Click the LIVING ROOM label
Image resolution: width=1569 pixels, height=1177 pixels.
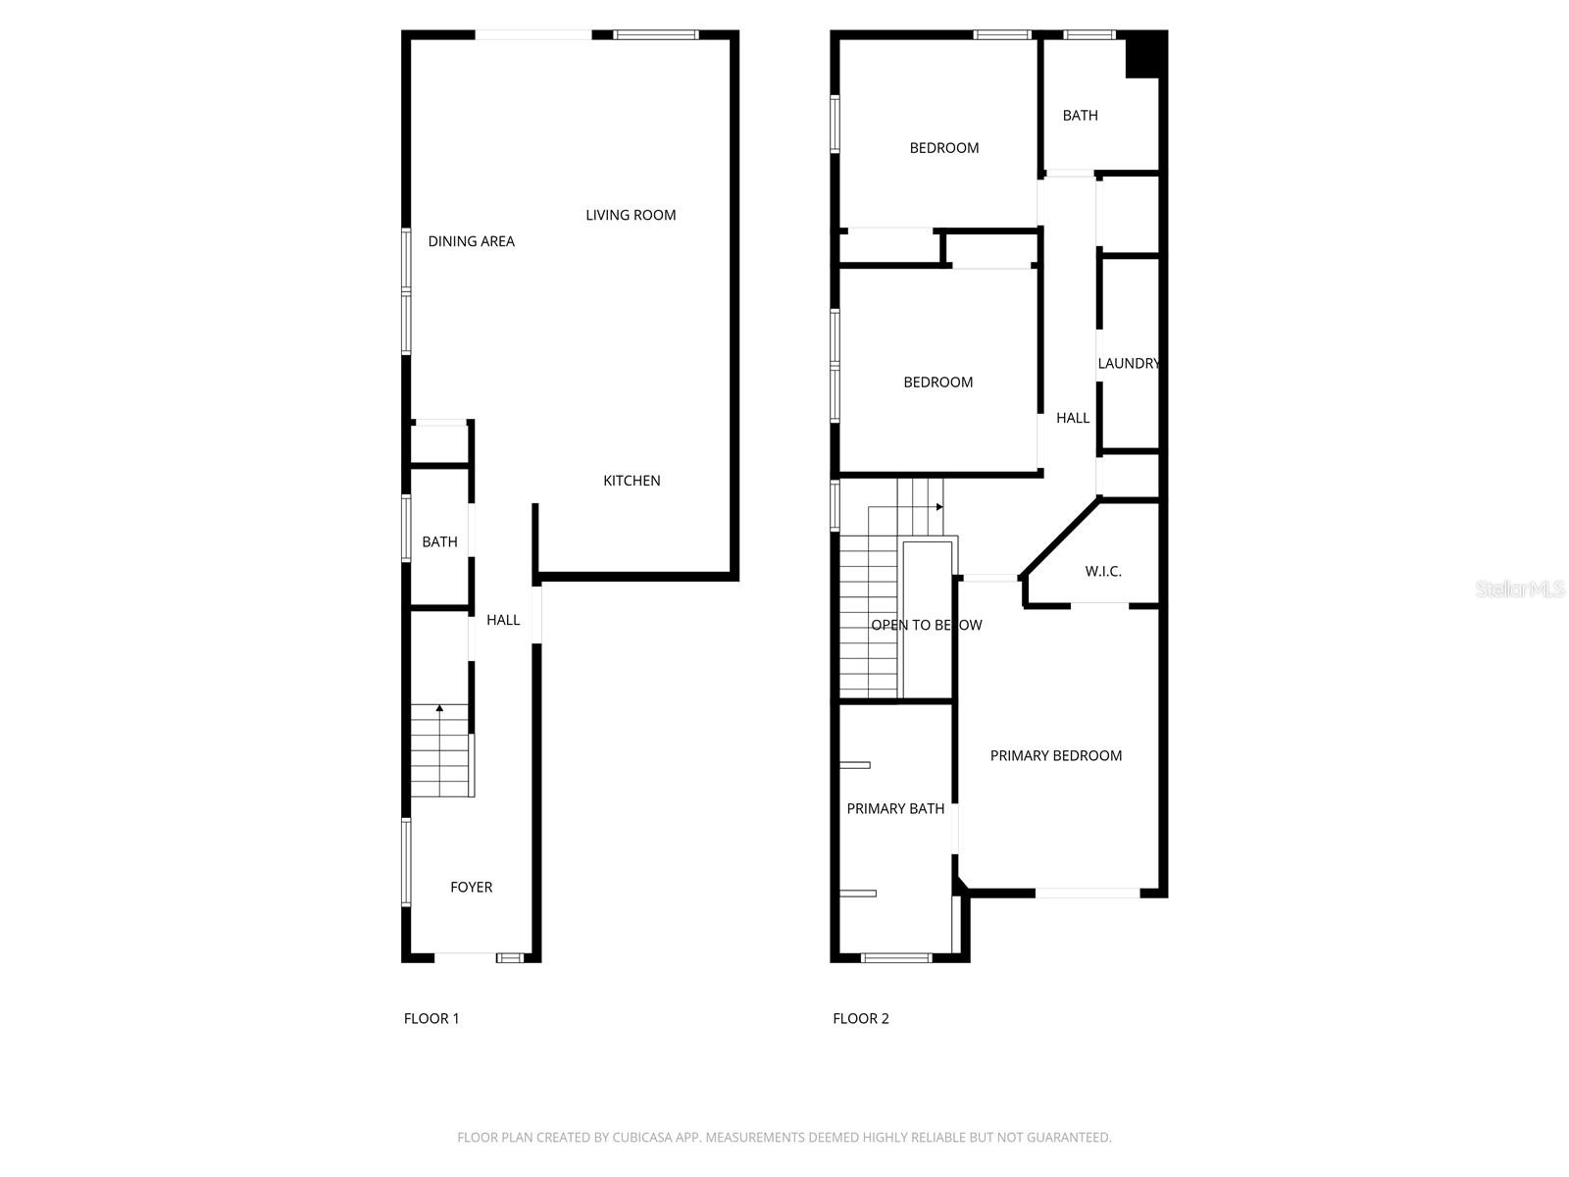point(631,215)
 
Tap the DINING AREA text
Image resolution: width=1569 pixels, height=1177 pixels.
point(471,241)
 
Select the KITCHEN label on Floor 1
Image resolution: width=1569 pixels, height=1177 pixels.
point(632,481)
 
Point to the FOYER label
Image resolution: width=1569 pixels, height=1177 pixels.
point(471,887)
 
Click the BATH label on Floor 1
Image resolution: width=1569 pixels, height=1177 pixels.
point(439,541)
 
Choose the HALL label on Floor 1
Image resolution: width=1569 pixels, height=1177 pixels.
point(503,620)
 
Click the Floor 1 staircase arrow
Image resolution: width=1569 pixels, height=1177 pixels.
point(439,707)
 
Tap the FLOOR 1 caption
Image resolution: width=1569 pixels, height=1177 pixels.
point(431,1018)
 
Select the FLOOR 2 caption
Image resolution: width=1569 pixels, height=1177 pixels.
point(860,1018)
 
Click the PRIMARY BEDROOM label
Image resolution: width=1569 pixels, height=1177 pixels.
point(1055,755)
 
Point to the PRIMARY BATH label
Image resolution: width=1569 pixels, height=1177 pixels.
point(895,808)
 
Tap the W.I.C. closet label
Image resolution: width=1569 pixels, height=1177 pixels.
point(1103,571)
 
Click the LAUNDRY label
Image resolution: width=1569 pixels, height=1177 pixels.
point(1128,363)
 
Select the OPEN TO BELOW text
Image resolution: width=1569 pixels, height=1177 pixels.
point(926,625)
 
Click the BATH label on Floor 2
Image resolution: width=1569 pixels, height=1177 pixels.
point(1080,116)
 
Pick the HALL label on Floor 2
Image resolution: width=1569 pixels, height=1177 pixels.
point(1073,418)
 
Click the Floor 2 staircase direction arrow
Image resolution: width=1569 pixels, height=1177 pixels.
point(938,507)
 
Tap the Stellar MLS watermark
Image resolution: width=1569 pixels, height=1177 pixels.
point(1520,588)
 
